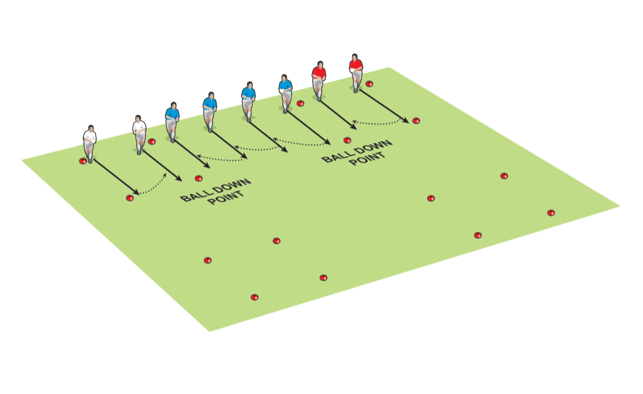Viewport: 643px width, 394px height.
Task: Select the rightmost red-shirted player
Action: coord(355,72)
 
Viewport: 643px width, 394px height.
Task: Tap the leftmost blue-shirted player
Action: coord(172,121)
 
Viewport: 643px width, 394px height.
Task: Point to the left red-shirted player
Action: coord(319,81)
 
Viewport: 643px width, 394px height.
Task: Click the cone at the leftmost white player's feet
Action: coord(83,161)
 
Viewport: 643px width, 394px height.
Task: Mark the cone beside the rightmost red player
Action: coord(369,83)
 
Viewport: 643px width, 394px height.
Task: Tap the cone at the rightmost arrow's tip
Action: coord(416,121)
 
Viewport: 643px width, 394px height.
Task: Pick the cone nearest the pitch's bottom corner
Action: coord(255,297)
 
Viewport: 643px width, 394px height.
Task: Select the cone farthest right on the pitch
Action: coord(551,213)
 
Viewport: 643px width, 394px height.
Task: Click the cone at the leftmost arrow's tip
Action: coord(129,198)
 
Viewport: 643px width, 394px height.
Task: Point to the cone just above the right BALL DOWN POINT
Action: coord(347,140)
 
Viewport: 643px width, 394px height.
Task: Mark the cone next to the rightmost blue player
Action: coord(300,103)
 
